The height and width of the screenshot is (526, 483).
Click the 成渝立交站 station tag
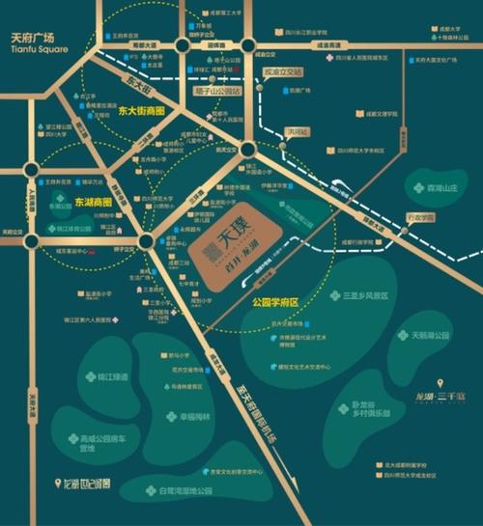pyautogui.click(x=283, y=71)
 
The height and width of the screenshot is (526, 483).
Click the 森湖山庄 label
pyautogui.click(x=431, y=187)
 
